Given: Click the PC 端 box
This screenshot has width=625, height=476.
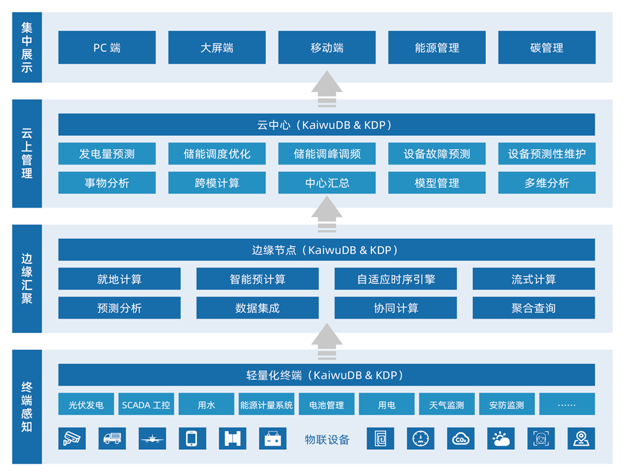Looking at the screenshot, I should tap(107, 48).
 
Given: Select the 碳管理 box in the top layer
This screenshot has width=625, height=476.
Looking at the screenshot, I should tap(547, 48).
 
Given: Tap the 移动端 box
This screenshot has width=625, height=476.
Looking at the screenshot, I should tap(327, 48).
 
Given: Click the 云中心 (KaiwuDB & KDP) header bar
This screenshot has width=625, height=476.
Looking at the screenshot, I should tap(326, 125).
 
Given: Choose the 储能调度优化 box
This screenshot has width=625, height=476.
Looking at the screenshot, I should tap(217, 154).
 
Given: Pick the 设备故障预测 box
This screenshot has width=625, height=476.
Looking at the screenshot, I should tap(436, 154).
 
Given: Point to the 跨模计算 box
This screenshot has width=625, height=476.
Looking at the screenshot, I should tap(217, 183).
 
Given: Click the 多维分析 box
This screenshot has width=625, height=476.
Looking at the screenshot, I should tap(547, 183).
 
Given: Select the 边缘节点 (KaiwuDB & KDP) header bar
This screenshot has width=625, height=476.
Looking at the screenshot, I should tap(326, 250).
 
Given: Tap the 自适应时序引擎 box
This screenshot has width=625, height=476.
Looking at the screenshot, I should tap(395, 279).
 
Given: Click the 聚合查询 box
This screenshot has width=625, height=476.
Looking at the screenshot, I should tap(533, 308).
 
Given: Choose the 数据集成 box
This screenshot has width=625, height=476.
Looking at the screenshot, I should tap(257, 308).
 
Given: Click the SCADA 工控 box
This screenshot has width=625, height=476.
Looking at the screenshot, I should tap(146, 405).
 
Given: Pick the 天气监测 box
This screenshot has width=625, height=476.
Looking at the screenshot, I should tap(446, 405).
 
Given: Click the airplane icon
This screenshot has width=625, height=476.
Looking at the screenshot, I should tap(152, 439).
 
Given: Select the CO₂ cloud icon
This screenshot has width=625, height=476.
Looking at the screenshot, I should tap(461, 439).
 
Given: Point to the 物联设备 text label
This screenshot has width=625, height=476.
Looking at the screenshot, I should tap(327, 439).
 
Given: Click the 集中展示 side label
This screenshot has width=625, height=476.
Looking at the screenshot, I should tap(27, 48).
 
